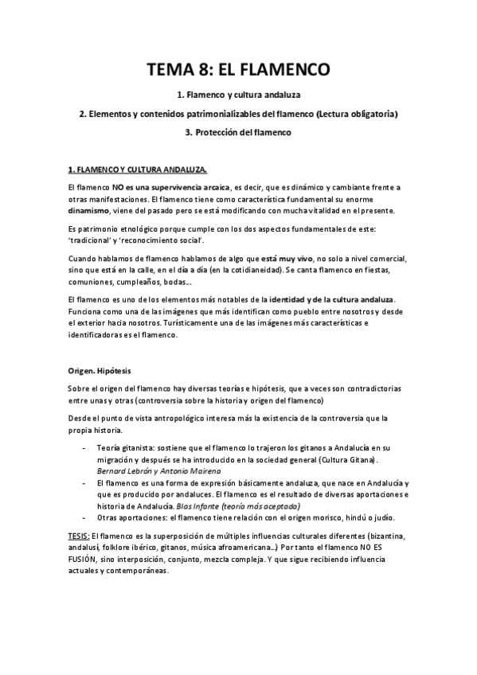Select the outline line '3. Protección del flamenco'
(x=239, y=133)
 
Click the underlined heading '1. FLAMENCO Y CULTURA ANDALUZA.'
(x=138, y=170)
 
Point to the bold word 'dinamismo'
(x=92, y=211)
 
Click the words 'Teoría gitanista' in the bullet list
(x=127, y=449)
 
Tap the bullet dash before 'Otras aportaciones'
(x=85, y=518)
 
